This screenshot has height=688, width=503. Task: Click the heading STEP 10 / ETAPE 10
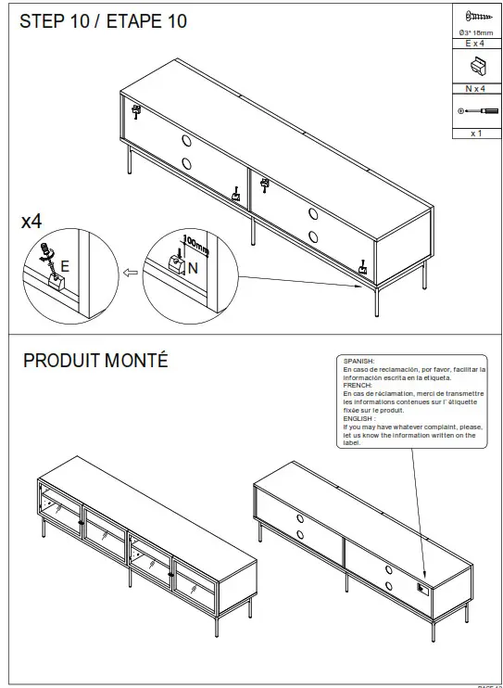coord(104,21)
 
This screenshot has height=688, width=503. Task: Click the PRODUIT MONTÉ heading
coord(95,361)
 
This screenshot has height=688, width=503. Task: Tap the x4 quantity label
coord(31,222)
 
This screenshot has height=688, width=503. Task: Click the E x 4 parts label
coord(475,44)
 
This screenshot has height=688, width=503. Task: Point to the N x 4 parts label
coord(475,89)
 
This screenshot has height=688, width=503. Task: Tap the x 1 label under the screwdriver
coord(475,134)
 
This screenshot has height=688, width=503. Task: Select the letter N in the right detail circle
coord(192,267)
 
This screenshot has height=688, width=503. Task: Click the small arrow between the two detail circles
coord(131,274)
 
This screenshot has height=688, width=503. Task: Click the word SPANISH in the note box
coord(358,361)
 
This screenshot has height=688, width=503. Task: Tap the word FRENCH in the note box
coord(357,385)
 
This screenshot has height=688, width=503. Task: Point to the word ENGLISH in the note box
coord(359,418)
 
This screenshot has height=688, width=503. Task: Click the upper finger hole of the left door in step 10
coord(185,140)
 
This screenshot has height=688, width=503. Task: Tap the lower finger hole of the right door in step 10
coord(310,235)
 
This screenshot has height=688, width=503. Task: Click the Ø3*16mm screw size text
coord(475,32)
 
